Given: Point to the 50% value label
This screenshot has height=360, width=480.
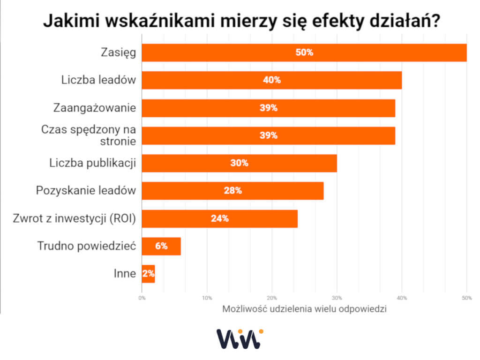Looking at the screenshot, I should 304,52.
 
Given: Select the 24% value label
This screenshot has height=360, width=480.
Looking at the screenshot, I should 219,218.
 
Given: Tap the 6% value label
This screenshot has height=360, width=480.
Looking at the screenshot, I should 161,246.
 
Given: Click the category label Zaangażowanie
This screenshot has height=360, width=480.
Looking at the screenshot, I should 95,108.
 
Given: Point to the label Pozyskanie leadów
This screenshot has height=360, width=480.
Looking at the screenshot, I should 86,191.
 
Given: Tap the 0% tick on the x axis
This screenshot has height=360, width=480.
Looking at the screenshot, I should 142,298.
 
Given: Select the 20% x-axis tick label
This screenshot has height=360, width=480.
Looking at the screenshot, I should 272,298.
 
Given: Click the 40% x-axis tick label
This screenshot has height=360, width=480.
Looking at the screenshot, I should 402,298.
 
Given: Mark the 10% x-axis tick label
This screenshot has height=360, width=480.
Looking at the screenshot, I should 207,298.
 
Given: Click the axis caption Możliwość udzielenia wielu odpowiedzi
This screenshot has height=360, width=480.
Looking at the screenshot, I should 304,309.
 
